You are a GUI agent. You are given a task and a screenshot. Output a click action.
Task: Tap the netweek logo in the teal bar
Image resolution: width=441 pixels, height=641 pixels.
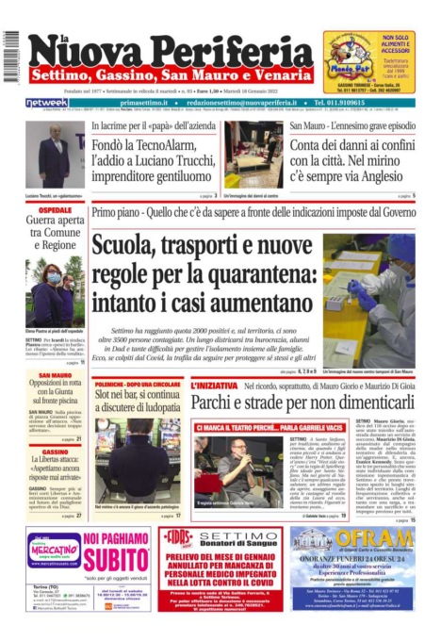(47, 103)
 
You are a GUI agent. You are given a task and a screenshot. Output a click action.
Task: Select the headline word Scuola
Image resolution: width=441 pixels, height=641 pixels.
(131, 247)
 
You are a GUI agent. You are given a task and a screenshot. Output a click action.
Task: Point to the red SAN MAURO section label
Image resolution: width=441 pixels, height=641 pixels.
(56, 375)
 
